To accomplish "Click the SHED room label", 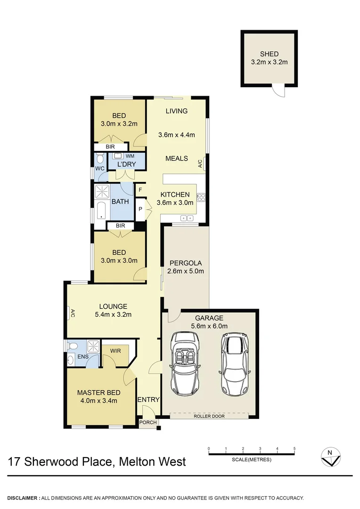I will point(269,54).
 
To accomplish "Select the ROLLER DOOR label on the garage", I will point(209,416).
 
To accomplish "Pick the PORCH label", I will point(148,422).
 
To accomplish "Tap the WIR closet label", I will point(115,351).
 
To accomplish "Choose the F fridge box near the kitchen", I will point(140,190).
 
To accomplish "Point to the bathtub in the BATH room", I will point(101,210).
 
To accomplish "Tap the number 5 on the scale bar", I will point(295,449).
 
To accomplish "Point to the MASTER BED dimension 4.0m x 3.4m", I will point(99,401).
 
